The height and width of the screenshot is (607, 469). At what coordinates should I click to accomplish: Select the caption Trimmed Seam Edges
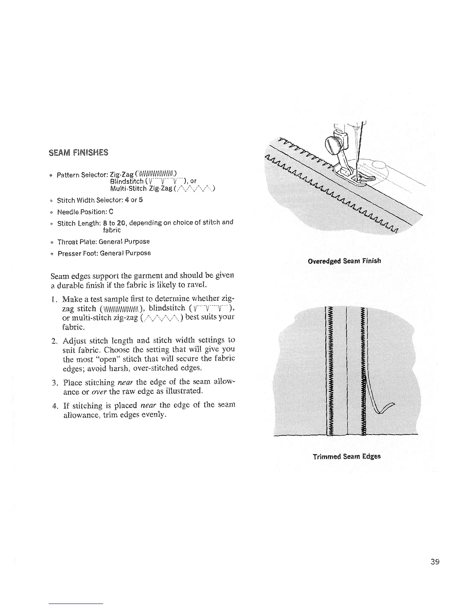(346, 456)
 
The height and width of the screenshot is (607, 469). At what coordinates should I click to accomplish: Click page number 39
(434, 563)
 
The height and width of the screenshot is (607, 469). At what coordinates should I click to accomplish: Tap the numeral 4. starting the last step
(54, 405)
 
